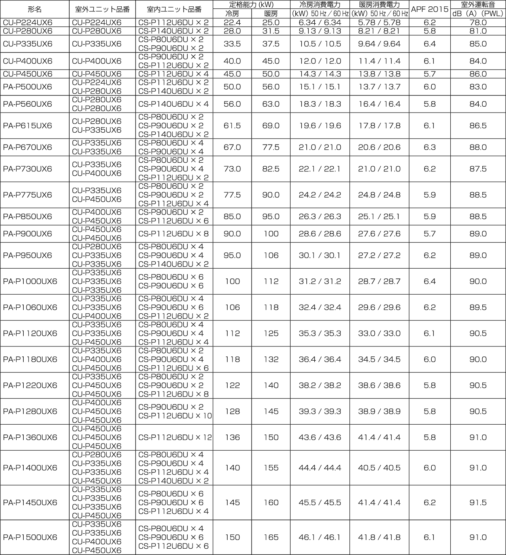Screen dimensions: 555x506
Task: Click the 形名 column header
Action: pos(35,9)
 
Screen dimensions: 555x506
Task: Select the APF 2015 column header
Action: pos(430,9)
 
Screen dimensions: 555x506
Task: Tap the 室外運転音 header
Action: pos(478,5)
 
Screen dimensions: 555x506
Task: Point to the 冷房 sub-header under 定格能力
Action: pos(232,14)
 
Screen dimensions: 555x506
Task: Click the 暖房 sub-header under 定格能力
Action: pos(271,14)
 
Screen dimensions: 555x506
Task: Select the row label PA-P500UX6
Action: pos(27,87)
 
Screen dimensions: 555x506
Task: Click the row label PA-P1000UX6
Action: pos(30,281)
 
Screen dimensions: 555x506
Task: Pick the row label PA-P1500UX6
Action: pos(30,537)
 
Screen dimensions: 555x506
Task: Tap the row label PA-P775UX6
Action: pos(27,195)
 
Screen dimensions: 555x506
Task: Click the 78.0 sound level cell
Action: pos(478,23)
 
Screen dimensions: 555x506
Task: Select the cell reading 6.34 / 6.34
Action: pos(320,23)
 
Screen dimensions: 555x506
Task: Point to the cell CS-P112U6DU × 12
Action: pos(175,437)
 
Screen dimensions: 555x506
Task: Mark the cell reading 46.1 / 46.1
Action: pos(320,537)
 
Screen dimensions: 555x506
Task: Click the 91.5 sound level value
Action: pos(478,502)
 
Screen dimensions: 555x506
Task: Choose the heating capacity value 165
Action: pos(271,537)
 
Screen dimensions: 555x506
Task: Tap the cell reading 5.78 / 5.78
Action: pos(379,23)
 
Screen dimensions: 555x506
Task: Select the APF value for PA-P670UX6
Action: pos(430,147)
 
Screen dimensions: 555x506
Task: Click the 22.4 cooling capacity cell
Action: pos(232,23)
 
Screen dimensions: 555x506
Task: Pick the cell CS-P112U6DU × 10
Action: pos(175,416)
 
